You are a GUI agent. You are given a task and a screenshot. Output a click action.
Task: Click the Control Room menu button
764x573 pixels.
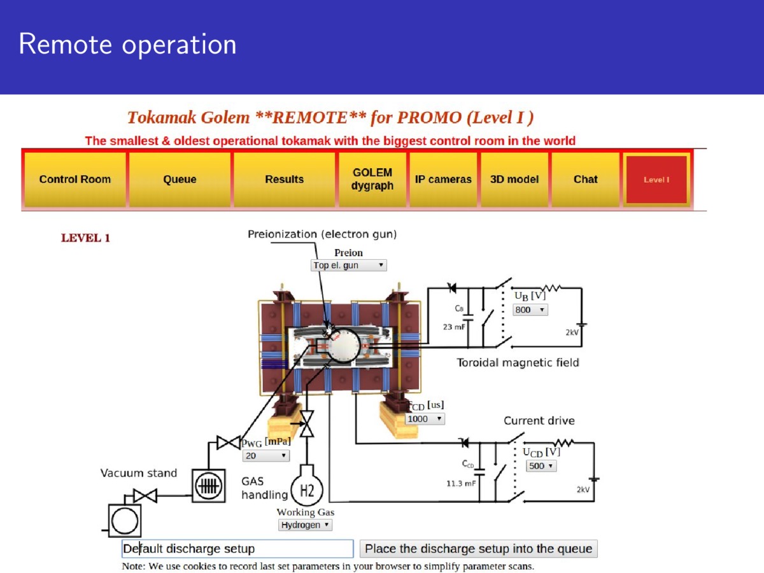(75, 180)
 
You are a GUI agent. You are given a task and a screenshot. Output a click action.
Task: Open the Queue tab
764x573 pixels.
(180, 180)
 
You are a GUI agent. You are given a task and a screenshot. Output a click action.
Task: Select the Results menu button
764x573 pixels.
(285, 180)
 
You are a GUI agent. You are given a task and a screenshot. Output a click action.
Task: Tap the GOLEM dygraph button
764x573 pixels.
(372, 180)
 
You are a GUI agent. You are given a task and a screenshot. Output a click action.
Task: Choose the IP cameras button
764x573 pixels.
(443, 180)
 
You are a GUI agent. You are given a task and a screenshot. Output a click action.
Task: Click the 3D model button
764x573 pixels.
(514, 180)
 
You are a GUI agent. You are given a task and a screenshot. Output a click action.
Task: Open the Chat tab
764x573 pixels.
(586, 180)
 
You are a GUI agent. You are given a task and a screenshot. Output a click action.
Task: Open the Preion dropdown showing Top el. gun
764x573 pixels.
(348, 265)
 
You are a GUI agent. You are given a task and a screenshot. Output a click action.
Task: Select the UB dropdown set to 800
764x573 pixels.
(530, 309)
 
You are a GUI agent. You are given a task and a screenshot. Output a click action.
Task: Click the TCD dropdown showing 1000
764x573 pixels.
(425, 419)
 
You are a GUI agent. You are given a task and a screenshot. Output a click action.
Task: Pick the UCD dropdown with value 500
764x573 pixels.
(541, 466)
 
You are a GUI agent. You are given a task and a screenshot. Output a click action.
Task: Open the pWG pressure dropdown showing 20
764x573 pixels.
(266, 456)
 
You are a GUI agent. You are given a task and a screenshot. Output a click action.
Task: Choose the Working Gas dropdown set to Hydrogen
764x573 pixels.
(305, 525)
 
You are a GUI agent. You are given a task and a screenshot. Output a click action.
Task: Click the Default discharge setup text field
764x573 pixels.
(237, 549)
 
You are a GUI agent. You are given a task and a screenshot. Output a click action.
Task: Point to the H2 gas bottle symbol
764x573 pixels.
(307, 486)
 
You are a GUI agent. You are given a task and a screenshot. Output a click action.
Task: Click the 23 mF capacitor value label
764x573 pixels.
(454, 327)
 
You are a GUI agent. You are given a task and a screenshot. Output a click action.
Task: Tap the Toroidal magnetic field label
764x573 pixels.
(518, 363)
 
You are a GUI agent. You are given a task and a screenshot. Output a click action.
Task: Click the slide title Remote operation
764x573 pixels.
(128, 44)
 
